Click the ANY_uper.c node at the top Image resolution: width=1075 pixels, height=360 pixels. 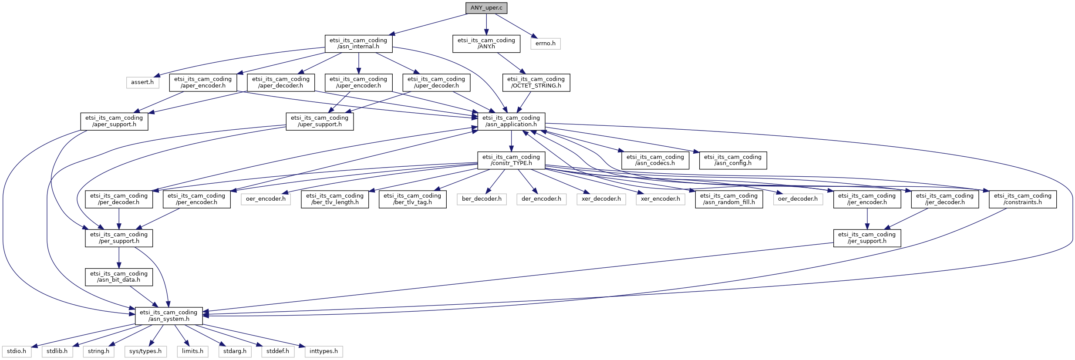[x=486, y=8]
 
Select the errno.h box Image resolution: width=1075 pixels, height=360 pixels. [x=545, y=44]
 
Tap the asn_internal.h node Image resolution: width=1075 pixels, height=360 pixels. [x=358, y=44]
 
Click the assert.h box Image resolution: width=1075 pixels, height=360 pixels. [x=142, y=82]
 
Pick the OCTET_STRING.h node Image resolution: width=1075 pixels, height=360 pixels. [x=536, y=82]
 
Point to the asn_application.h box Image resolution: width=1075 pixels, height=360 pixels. [x=511, y=121]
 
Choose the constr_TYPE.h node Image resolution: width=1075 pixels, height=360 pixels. [x=511, y=160]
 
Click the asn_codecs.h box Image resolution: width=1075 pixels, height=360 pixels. [x=655, y=160]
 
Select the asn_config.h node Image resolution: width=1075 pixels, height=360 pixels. [x=732, y=160]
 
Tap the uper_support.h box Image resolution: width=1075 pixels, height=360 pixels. [x=320, y=121]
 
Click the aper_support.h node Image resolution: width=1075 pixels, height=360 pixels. [x=114, y=121]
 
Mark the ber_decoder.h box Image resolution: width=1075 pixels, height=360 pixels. [x=482, y=199]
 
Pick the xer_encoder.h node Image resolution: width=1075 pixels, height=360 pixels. [x=660, y=199]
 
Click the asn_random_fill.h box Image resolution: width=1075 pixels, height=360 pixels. [x=728, y=199]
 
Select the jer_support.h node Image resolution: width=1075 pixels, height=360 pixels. [x=866, y=238]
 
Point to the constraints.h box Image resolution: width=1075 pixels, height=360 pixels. [x=1022, y=199]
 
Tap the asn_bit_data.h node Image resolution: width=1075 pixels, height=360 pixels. [x=119, y=277]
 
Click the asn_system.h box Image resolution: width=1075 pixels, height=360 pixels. [x=168, y=316]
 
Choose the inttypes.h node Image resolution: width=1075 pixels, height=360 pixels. [x=324, y=351]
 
